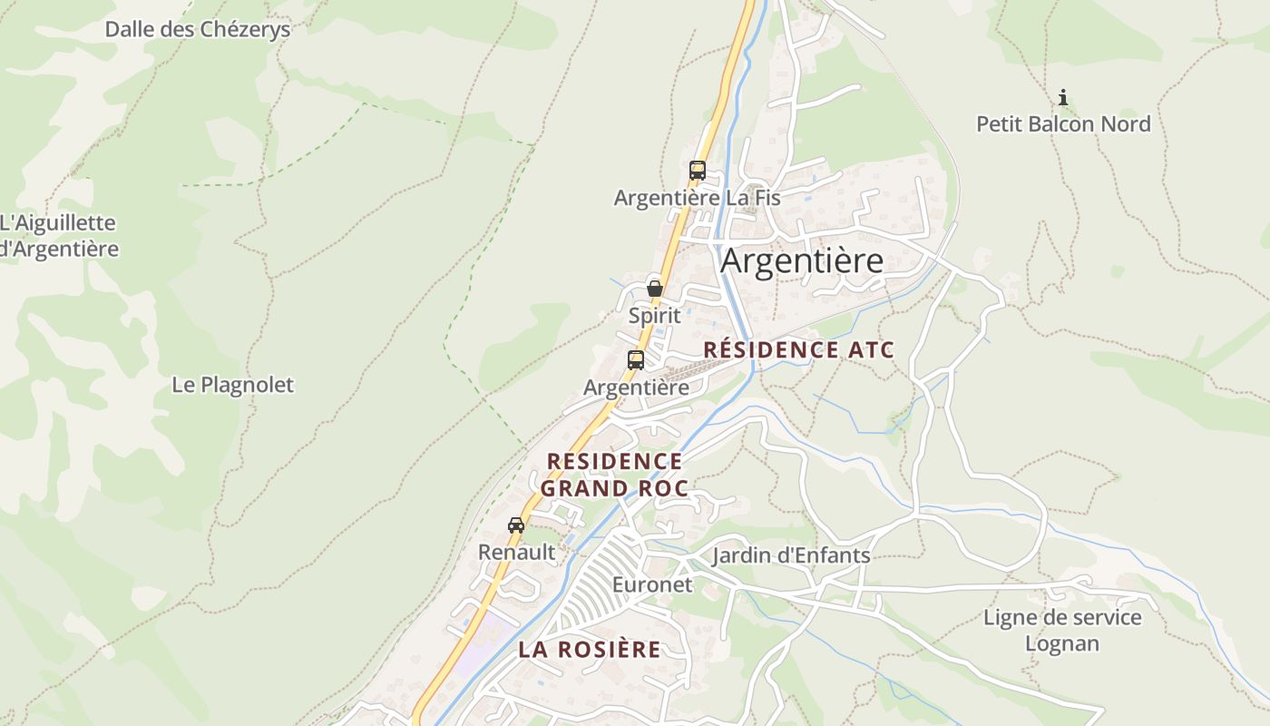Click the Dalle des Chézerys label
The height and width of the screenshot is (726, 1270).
click(198, 29)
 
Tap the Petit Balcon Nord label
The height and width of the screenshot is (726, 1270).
click(1063, 123)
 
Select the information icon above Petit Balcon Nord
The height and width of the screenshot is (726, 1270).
click(1063, 97)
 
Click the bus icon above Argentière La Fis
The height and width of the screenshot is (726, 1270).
click(697, 170)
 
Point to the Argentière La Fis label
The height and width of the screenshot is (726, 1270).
click(697, 197)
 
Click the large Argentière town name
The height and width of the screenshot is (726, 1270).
click(802, 260)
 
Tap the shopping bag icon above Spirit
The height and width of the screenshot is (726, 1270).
click(654, 289)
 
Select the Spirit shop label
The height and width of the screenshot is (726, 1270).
click(654, 316)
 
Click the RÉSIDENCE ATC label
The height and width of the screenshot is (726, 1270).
click(799, 349)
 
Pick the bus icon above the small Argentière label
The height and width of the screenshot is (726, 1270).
click(636, 359)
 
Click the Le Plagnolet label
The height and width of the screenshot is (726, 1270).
click(233, 385)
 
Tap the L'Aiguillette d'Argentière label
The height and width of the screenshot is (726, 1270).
click(59, 235)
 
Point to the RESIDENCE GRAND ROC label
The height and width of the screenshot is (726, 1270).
click(614, 475)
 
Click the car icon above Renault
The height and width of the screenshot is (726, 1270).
click(516, 525)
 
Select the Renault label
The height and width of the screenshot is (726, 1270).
click(516, 551)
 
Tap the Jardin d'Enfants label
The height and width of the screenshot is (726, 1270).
click(791, 555)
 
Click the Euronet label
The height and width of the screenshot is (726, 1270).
click(651, 584)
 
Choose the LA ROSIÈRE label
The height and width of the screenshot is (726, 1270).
click(590, 649)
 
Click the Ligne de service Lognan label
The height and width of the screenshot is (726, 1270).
click(1062, 631)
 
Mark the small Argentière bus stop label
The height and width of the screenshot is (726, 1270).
click(636, 388)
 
